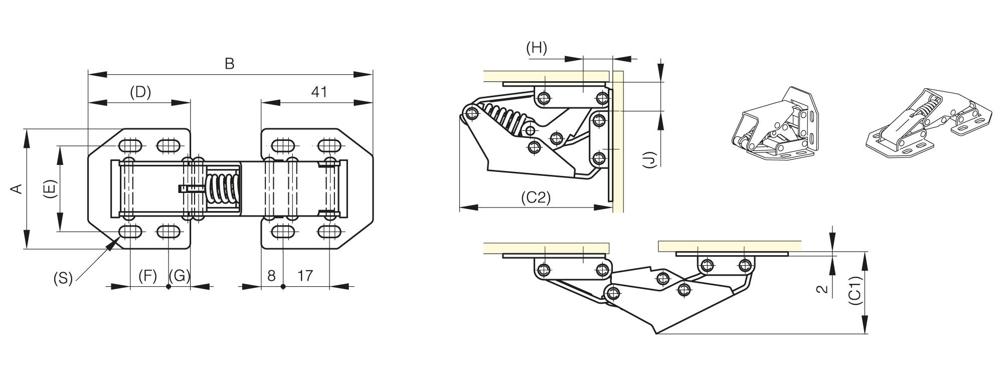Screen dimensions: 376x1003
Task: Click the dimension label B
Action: (229, 64)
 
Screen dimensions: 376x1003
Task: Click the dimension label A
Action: (17, 189)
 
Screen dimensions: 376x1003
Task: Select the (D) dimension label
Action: (140, 92)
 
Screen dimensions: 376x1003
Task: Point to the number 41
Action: (319, 92)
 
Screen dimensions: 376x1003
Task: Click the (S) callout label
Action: (63, 278)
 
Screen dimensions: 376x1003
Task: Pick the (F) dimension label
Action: (147, 276)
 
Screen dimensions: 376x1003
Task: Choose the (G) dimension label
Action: (180, 276)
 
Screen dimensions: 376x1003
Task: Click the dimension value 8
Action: (271, 276)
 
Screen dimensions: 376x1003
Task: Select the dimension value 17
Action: (305, 276)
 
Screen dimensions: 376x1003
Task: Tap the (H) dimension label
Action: (537, 48)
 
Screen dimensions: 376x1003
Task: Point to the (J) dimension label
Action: (649, 160)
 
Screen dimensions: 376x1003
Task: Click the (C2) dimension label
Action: (536, 197)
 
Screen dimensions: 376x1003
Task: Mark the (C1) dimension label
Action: (856, 290)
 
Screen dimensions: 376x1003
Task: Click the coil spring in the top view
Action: (222, 189)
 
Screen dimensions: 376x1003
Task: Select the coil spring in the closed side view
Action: (504, 120)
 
